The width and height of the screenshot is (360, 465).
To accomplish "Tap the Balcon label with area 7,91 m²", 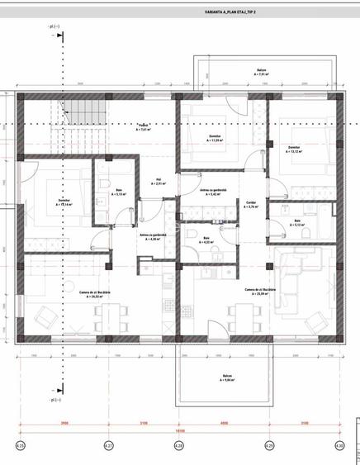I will [x=262, y=74].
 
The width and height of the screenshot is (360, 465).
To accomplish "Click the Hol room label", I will [x=159, y=183].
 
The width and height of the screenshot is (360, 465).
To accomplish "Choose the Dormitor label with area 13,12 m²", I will [x=295, y=149].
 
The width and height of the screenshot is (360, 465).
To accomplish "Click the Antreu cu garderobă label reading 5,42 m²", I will [x=211, y=193].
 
